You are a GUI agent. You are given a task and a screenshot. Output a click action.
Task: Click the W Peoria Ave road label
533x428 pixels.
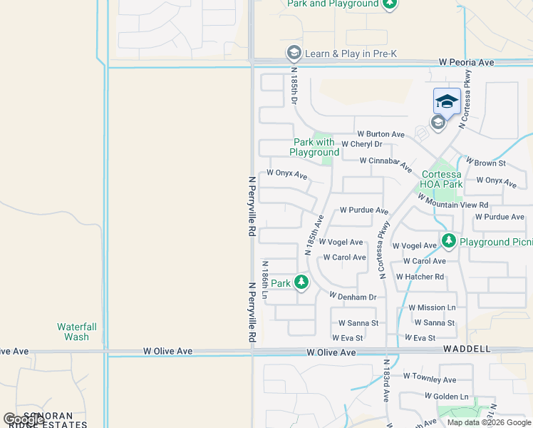(x=466, y=63)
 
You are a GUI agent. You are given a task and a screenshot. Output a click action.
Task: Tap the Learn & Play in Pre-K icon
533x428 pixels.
(x=293, y=53)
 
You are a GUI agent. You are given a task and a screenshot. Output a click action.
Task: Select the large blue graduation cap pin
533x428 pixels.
(x=447, y=101)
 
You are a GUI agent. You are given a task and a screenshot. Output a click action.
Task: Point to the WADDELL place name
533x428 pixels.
(x=467, y=349)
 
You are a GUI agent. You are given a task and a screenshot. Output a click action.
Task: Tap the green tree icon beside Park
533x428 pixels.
(x=301, y=283)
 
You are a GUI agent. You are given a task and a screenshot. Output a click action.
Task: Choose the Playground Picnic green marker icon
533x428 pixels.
(x=448, y=242)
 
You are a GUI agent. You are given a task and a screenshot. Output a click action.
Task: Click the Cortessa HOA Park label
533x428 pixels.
(x=442, y=179)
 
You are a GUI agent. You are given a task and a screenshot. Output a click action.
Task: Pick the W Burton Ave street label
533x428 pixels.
(x=381, y=134)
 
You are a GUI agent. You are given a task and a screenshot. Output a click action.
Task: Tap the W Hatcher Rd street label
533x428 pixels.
(x=420, y=277)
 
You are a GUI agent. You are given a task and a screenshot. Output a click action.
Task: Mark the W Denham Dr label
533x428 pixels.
(x=352, y=295)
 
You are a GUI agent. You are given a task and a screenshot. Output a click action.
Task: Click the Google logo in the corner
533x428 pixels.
(x=24, y=419)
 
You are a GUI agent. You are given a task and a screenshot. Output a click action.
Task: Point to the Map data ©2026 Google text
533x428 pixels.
(x=489, y=422)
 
